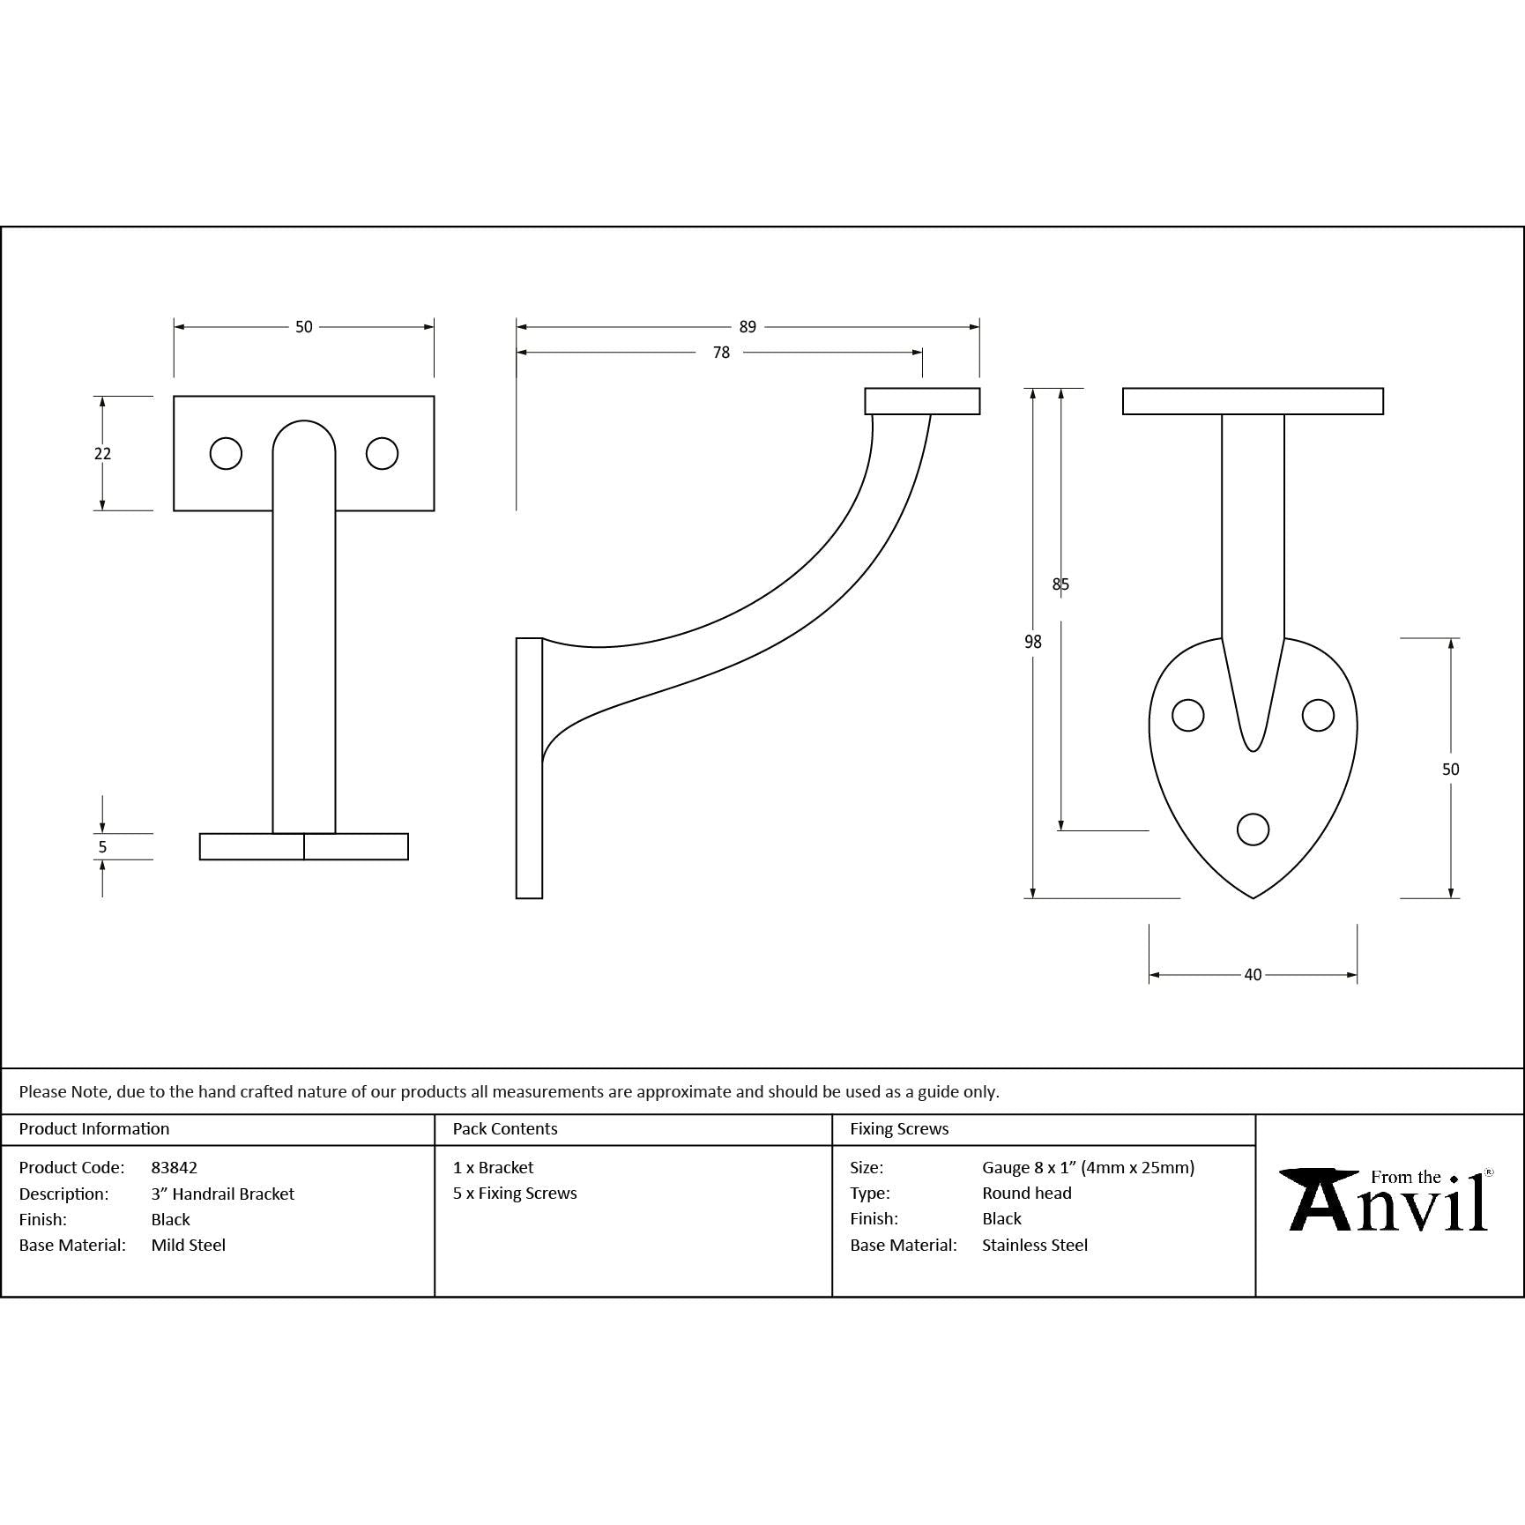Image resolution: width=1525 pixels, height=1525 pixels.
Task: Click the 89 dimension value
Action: click(748, 327)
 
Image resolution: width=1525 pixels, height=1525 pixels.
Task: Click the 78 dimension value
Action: click(721, 353)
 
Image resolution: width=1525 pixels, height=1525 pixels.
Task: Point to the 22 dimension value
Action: click(102, 454)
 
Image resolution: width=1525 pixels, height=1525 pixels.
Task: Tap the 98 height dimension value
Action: click(1033, 643)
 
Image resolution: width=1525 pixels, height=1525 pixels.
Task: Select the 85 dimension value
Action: click(1060, 584)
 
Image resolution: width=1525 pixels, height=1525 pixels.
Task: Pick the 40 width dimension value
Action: click(1253, 975)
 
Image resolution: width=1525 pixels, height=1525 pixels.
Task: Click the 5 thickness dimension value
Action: click(102, 847)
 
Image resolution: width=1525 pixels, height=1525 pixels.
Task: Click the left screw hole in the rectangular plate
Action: click(226, 453)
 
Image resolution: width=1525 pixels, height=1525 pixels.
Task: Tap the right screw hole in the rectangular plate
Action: click(382, 453)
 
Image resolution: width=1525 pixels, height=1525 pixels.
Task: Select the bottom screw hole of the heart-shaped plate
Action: click(1253, 829)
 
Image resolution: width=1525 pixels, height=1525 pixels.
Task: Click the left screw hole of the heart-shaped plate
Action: click(1188, 715)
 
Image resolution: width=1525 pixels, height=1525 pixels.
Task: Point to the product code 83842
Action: click(175, 1168)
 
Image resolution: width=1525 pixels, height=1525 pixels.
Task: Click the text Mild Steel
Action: click(189, 1246)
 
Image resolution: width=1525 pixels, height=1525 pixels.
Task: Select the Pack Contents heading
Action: click(505, 1129)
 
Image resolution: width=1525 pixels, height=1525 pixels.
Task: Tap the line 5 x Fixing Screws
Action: click(515, 1194)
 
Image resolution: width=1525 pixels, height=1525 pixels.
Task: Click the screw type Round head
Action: click(1027, 1194)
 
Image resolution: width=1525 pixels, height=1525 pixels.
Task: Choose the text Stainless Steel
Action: click(1035, 1246)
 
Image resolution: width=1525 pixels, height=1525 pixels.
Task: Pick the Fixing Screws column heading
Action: click(899, 1129)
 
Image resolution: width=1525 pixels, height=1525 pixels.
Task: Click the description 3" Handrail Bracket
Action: click(223, 1194)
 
